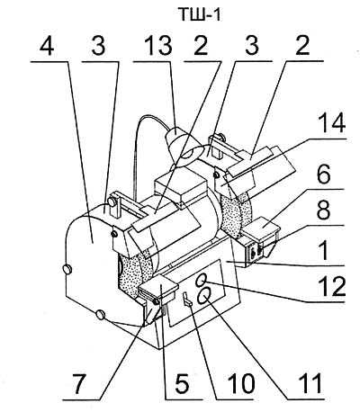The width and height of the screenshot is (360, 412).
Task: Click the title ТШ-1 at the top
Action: pos(200,14)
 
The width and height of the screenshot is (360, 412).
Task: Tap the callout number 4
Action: pos(47,46)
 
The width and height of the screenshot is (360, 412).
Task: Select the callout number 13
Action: pos(157,46)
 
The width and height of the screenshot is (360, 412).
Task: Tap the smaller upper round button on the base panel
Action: pos(201,281)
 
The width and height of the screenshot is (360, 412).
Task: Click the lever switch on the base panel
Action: pos(186,300)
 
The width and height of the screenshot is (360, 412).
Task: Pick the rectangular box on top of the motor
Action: pos(181,188)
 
